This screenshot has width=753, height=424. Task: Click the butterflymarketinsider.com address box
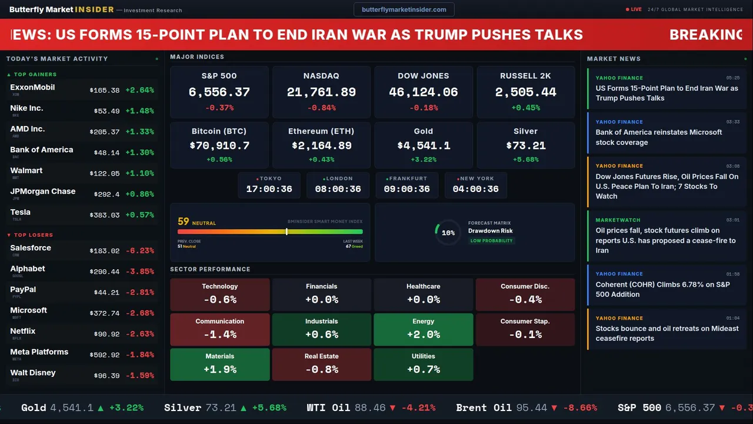tap(404, 9)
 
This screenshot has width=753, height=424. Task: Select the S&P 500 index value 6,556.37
tap(219, 92)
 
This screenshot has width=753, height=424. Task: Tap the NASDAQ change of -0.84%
tap(321, 108)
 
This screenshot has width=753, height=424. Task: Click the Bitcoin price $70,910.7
tap(219, 145)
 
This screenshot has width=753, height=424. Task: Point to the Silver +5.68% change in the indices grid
tap(525, 160)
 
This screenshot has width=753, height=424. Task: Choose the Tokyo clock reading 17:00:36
tap(269, 189)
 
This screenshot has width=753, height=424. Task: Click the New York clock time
tap(475, 189)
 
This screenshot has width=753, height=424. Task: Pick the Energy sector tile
tap(423, 329)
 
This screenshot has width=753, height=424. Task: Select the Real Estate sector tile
tap(321, 364)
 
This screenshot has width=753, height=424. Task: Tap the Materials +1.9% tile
tap(219, 364)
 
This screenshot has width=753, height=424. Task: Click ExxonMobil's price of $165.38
tap(105, 91)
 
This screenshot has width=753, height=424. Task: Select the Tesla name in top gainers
tap(21, 212)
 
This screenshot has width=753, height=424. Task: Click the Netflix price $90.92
tap(106, 334)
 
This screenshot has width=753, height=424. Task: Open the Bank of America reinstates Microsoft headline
tap(658, 137)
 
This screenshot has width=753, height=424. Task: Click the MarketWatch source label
tap(618, 220)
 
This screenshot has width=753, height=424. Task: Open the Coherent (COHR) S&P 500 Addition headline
tap(663, 289)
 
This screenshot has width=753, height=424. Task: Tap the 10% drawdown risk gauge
tap(448, 233)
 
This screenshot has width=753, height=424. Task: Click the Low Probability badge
tap(491, 241)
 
